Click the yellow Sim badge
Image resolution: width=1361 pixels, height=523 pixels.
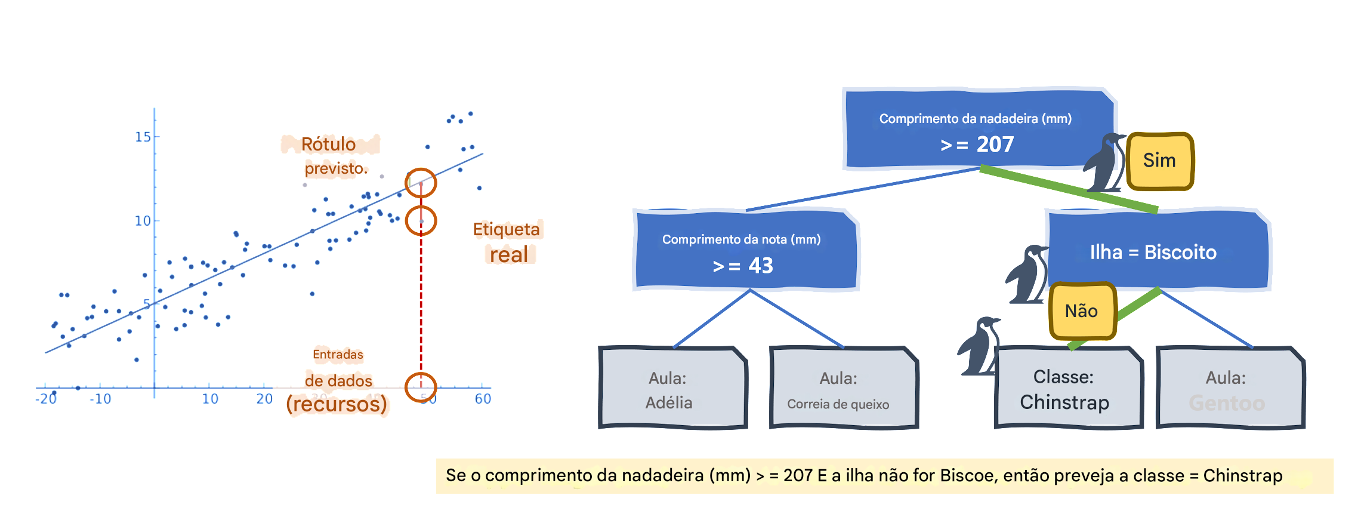(1159, 161)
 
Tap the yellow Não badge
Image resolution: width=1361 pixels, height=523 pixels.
(1081, 311)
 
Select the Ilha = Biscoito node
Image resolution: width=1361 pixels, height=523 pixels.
(1153, 252)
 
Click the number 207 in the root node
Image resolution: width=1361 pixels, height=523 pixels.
(995, 144)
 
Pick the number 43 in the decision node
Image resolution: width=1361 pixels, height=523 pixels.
(760, 266)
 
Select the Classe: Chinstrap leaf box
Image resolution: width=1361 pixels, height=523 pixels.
(1066, 389)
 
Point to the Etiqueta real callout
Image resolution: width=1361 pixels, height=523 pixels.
(509, 242)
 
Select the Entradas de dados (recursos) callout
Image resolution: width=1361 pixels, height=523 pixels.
(338, 380)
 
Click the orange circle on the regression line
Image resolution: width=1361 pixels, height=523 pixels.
(421, 183)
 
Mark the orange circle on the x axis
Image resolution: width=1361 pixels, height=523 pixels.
(421, 387)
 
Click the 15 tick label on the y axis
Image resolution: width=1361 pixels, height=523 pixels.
(143, 137)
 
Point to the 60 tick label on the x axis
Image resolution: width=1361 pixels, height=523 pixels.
(483, 399)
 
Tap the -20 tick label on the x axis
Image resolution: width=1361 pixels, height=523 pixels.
(47, 399)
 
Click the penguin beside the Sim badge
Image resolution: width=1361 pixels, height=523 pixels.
(1106, 162)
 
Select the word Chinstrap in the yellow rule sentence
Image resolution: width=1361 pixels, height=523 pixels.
(1242, 476)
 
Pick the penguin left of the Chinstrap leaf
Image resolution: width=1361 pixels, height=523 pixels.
(979, 346)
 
